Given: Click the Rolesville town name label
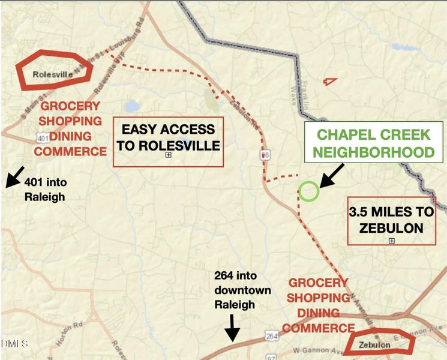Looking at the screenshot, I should coord(53,74).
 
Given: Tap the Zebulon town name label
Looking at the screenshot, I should coord(375,345).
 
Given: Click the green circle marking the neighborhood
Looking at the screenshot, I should coord(309,191).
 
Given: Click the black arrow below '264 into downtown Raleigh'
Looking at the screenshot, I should coord(232,328).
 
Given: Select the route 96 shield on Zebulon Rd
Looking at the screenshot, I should coord(264,155).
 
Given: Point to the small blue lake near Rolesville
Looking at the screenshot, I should coord(133,107).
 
